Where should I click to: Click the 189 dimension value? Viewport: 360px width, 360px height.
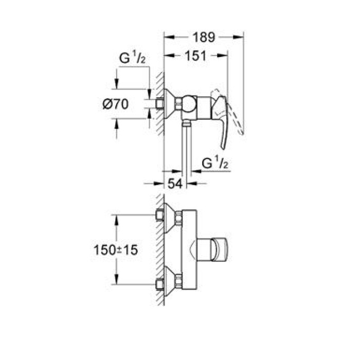point(203,38)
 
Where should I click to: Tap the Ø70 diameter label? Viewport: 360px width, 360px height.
point(114,104)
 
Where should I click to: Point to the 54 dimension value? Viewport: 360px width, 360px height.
point(174,183)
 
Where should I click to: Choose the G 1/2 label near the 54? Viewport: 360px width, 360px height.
point(214,164)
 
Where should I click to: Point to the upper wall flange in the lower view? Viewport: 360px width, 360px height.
point(167,217)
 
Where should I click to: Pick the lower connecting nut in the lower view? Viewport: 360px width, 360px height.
point(178,281)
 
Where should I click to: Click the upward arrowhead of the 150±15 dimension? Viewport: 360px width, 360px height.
point(118,218)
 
